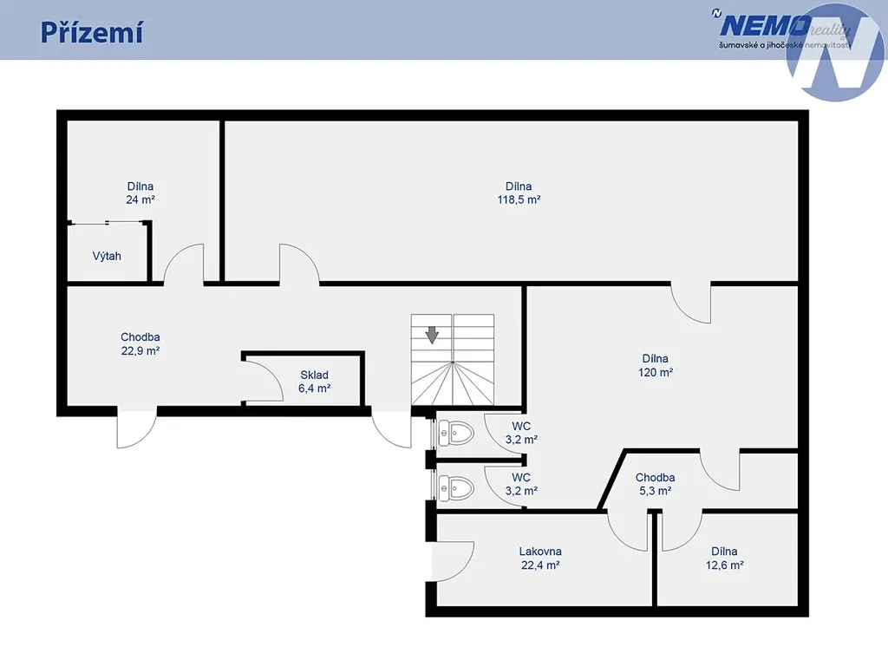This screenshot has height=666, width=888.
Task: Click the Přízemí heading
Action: pyautogui.click(x=91, y=33)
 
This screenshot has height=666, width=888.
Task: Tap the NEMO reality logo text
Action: pyautogui.click(x=781, y=26)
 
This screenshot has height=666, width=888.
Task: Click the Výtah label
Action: pyautogui.click(x=107, y=256)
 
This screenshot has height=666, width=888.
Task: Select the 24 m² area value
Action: pyautogui.click(x=140, y=199)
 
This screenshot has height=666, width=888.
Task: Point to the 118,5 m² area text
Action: pyautogui.click(x=519, y=199)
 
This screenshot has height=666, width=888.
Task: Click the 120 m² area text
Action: pyautogui.click(x=656, y=372)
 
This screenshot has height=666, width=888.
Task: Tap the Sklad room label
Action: pyautogui.click(x=314, y=375)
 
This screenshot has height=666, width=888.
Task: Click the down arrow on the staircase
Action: pyautogui.click(x=432, y=335)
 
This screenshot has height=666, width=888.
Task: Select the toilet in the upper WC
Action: pyautogui.click(x=456, y=434)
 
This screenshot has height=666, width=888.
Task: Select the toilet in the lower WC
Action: pyautogui.click(x=456, y=487)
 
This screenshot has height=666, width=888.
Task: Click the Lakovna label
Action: pyautogui.click(x=540, y=551)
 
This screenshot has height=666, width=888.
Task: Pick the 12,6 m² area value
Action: pyautogui.click(x=724, y=565)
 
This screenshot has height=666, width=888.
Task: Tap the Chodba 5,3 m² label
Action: pyautogui.click(x=656, y=484)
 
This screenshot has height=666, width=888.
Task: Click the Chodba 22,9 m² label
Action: pyautogui.click(x=140, y=343)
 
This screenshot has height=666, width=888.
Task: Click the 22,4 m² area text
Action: pyautogui.click(x=540, y=565)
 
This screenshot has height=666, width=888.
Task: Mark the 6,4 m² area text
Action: pyautogui.click(x=314, y=388)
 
